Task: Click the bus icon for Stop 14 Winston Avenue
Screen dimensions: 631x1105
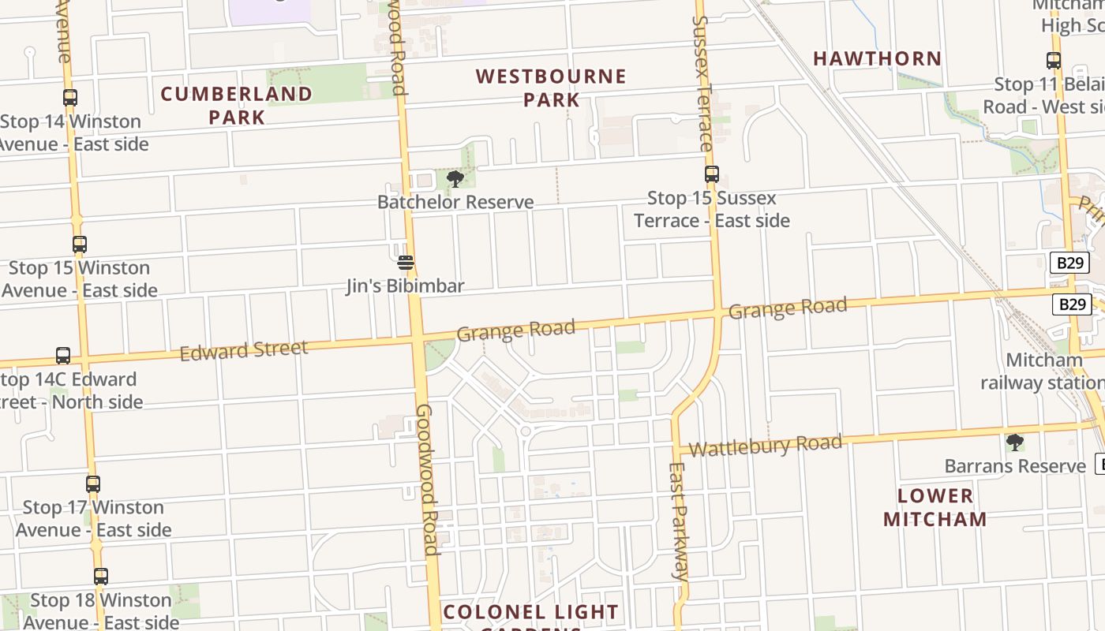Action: pyautogui.click(x=70, y=98)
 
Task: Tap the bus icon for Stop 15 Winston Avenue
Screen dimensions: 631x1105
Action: pyautogui.click(x=79, y=245)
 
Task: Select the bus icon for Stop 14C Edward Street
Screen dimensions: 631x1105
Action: pyautogui.click(x=63, y=356)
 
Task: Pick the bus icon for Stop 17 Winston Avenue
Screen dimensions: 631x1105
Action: pyautogui.click(x=93, y=484)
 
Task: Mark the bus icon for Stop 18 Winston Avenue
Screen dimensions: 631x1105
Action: pyautogui.click(x=100, y=577)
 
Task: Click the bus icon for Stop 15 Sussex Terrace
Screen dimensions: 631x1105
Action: pyautogui.click(x=712, y=174)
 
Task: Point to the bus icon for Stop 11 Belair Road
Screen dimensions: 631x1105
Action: pyautogui.click(x=1053, y=61)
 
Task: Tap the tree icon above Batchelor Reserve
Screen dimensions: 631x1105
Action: pyautogui.click(x=455, y=179)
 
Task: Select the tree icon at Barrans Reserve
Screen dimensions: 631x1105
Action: pyautogui.click(x=1015, y=442)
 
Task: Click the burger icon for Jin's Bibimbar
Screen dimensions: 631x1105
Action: pyautogui.click(x=406, y=263)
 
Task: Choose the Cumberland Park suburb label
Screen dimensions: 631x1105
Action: pyautogui.click(x=236, y=105)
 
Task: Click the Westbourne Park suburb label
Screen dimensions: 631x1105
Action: pyautogui.click(x=551, y=88)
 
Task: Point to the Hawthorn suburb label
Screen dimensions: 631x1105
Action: pyautogui.click(x=877, y=58)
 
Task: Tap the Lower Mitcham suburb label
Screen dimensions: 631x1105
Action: pyautogui.click(x=935, y=507)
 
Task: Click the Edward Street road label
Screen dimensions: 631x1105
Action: pyautogui.click(x=243, y=350)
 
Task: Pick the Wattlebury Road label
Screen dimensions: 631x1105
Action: pyautogui.click(x=765, y=446)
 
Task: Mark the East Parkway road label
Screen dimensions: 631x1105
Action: pyautogui.click(x=677, y=521)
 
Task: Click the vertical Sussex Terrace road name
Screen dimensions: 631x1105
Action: pyautogui.click(x=702, y=83)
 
